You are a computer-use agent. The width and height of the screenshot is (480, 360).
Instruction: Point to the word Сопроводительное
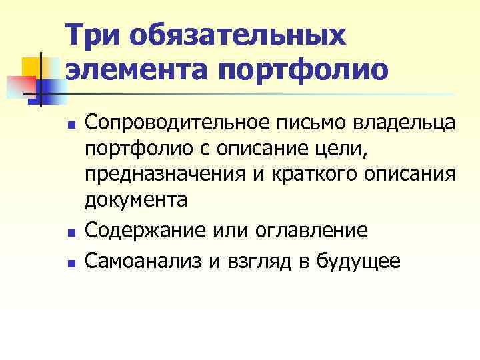tap(176, 123)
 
